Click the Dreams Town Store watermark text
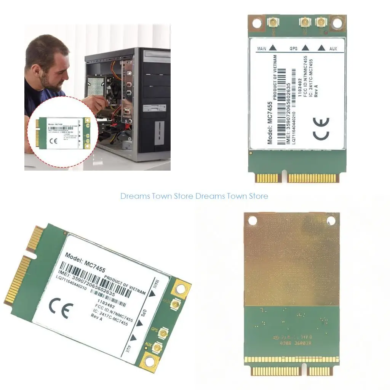194,196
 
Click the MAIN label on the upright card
262,49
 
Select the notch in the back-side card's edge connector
305,368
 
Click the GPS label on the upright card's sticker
293,49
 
